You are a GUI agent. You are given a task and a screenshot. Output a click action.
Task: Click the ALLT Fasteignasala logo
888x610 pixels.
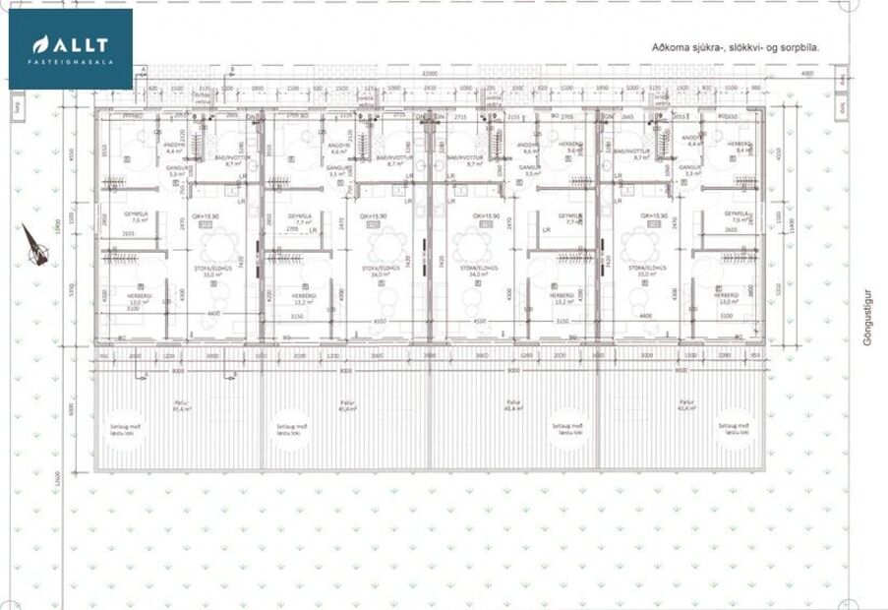(x=70, y=48)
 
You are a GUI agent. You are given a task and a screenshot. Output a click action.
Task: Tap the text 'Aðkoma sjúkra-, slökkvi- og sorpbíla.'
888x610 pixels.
(x=735, y=46)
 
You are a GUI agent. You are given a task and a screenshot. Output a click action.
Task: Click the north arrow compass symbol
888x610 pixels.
(x=35, y=245)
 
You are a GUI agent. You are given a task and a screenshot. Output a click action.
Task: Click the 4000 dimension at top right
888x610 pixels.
(x=806, y=74)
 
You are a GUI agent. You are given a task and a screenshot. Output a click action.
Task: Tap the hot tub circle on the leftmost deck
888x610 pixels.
(x=125, y=425)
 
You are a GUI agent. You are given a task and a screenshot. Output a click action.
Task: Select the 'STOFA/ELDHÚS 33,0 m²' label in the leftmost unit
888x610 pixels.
(x=207, y=272)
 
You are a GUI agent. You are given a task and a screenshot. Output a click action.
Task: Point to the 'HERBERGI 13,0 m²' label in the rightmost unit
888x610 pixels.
(x=727, y=298)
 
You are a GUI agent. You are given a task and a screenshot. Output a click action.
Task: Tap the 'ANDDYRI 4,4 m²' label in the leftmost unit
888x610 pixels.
(x=174, y=149)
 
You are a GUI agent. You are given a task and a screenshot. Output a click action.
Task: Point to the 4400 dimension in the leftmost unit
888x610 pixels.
(x=212, y=314)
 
